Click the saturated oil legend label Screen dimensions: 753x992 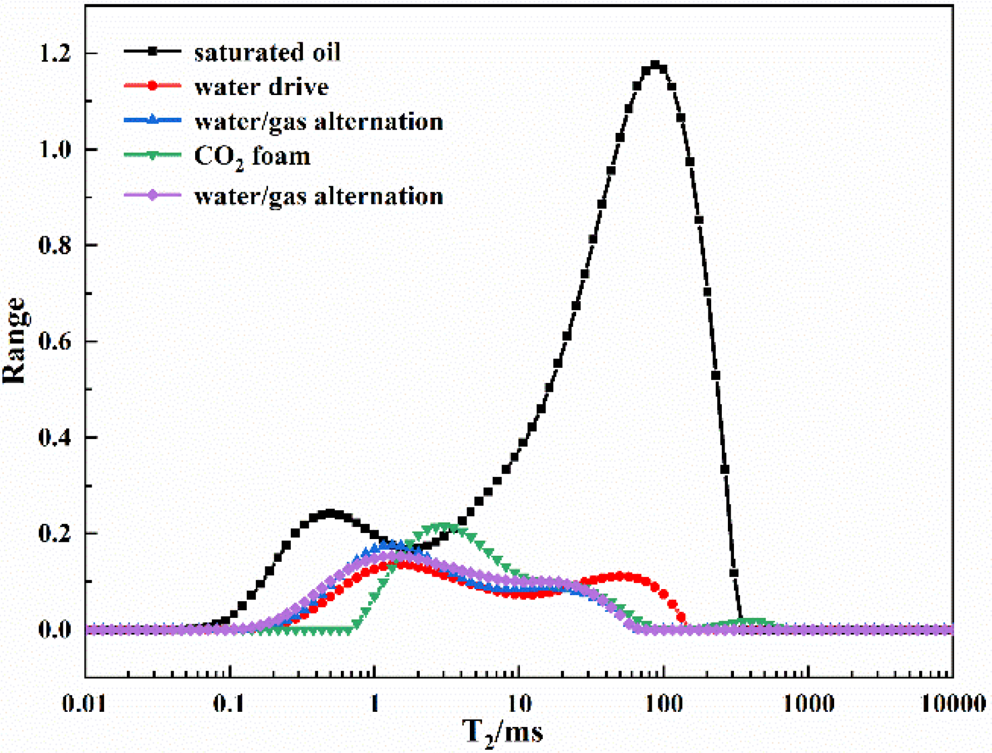pos(267,52)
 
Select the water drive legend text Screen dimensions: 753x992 pos(261,87)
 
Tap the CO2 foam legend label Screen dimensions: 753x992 pos(252,157)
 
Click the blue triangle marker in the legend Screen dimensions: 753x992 pos(152,119)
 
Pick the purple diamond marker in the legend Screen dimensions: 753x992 pos(152,195)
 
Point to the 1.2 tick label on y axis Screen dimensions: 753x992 pos(55,53)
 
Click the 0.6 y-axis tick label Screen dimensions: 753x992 pos(55,341)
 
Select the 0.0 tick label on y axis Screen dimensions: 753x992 pos(55,630)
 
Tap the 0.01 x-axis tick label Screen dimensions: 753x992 pos(85,704)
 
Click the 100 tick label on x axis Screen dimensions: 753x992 pos(663,704)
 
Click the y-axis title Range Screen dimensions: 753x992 pos(14,341)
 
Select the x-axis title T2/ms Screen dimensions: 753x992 pos(502,732)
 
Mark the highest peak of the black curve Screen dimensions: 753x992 pos(655,66)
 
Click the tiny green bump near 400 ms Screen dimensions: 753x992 pos(751,622)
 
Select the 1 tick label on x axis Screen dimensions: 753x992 pos(374,704)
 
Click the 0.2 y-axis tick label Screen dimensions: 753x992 pos(55,533)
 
